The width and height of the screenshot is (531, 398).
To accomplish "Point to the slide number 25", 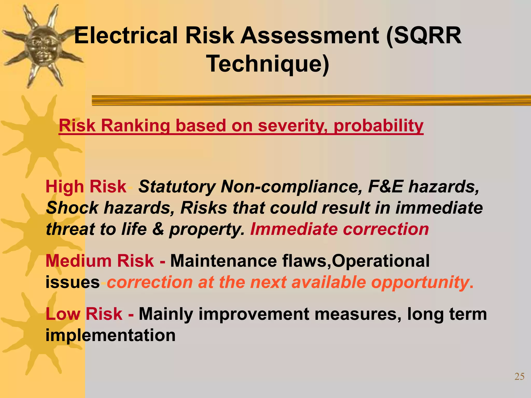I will pos(519,376).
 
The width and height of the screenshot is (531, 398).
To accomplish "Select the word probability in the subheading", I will pos(379,126).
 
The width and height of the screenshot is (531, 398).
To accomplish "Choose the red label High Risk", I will pos(86,187).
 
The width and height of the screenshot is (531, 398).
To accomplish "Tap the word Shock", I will pos(72,208).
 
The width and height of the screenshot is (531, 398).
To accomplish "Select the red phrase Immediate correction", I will pos(339,229).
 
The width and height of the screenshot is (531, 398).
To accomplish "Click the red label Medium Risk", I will pos(100,261).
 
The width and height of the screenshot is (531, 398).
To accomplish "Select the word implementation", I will pos(110,335).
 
